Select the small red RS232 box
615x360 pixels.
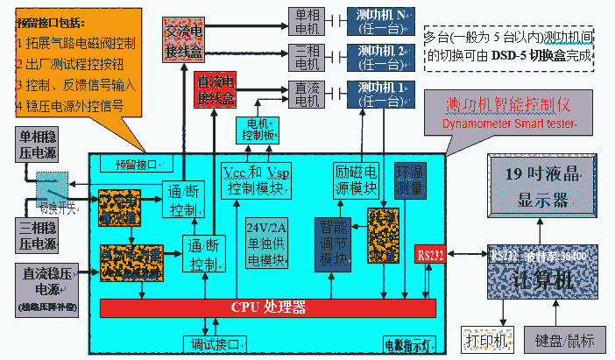[x=430, y=255]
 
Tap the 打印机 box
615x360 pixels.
[x=484, y=338]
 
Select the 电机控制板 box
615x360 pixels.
[x=258, y=129]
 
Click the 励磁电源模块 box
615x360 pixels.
[x=357, y=178]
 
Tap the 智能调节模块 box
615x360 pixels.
[x=334, y=242]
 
